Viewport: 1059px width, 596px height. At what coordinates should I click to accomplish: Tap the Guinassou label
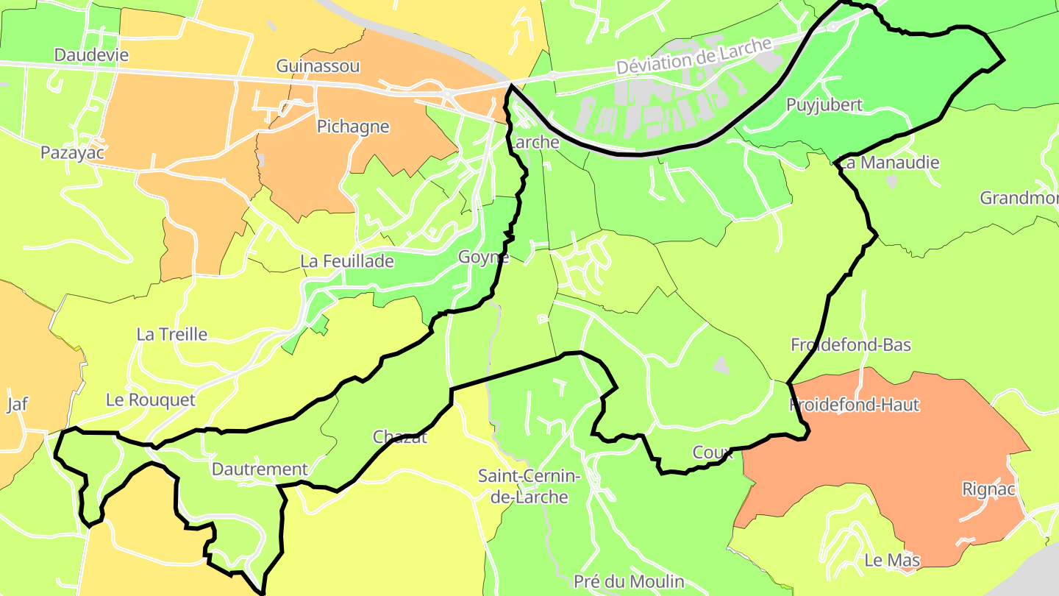click(318, 66)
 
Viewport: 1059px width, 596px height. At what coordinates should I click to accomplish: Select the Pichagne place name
click(353, 127)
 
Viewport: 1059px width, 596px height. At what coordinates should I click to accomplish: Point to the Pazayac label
click(72, 153)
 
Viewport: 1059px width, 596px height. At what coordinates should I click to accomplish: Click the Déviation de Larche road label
click(694, 56)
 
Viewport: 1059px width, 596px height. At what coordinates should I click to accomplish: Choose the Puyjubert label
click(824, 104)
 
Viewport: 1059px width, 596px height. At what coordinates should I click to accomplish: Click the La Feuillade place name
click(347, 261)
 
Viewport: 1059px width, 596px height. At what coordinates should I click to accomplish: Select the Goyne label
click(483, 257)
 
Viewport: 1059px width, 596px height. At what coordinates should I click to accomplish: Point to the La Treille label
click(172, 335)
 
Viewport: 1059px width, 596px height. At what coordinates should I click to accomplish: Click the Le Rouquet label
click(151, 400)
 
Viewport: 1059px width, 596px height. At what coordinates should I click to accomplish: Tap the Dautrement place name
click(260, 469)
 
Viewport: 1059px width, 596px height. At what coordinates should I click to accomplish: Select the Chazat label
click(400, 437)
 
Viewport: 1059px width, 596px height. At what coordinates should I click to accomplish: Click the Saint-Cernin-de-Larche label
click(529, 486)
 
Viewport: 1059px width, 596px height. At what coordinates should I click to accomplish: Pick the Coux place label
click(713, 453)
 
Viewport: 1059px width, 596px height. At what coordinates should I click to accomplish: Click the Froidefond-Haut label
click(855, 405)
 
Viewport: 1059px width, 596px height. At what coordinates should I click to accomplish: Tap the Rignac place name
click(988, 489)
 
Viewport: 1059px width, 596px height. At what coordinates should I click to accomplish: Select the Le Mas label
click(892, 561)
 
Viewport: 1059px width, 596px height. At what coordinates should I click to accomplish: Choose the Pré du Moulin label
click(629, 582)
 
